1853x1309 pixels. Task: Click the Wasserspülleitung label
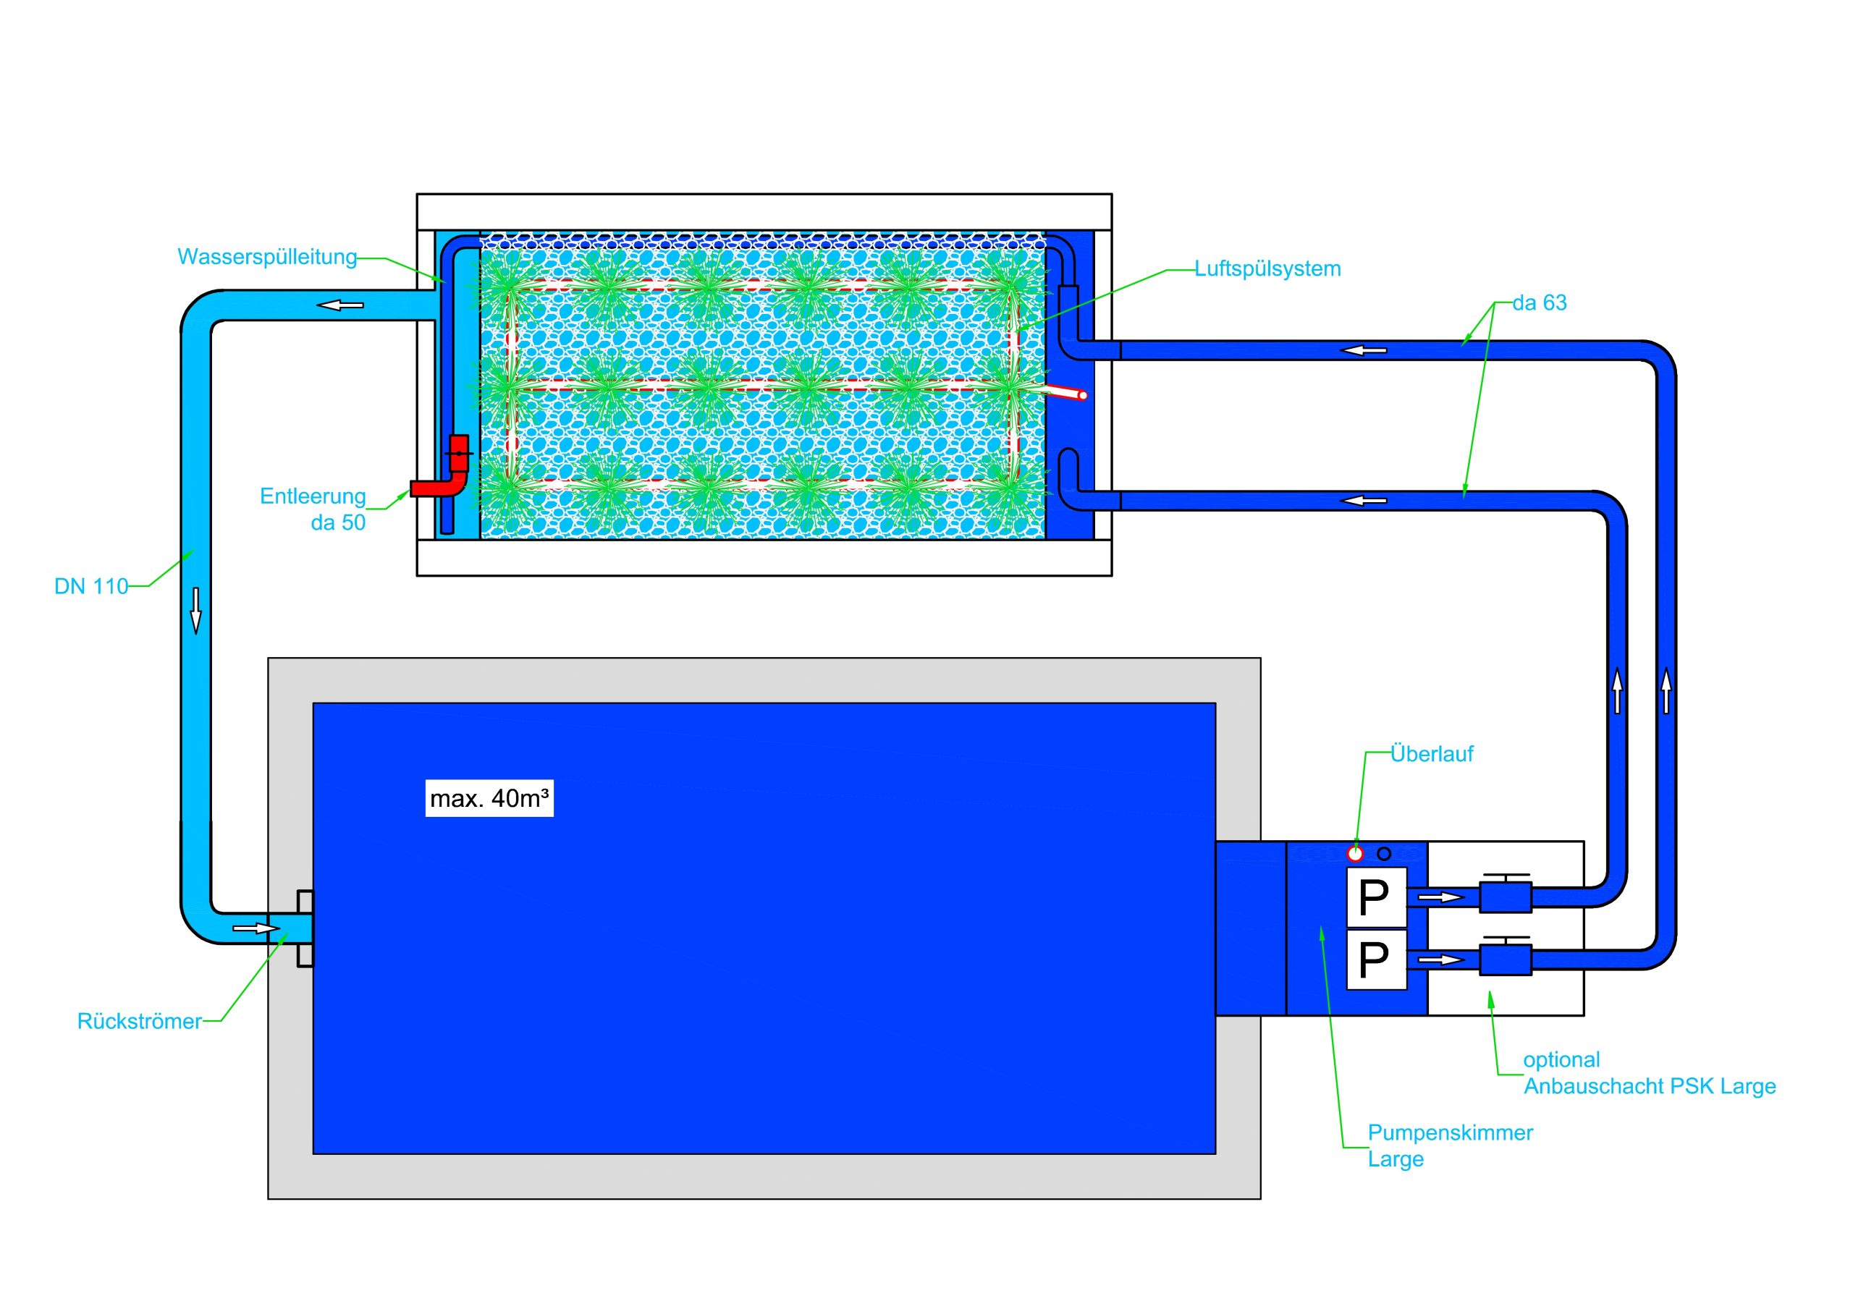click(x=267, y=257)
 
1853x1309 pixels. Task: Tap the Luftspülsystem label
click(x=1267, y=268)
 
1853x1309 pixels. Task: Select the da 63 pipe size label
click(x=1539, y=302)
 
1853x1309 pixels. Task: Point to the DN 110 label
click(x=91, y=587)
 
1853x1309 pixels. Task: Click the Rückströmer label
click(x=139, y=1021)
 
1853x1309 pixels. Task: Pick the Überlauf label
click(x=1432, y=754)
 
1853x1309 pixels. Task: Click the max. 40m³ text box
click(x=489, y=799)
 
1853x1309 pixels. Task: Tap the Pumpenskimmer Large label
click(x=1450, y=1145)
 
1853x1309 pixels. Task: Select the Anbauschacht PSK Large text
click(x=1649, y=1086)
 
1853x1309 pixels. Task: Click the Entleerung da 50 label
click(x=313, y=509)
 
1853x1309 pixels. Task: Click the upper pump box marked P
click(x=1376, y=897)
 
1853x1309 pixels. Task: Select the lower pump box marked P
click(x=1376, y=959)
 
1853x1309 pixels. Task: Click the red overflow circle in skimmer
click(x=1355, y=854)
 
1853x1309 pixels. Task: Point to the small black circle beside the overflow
click(x=1384, y=854)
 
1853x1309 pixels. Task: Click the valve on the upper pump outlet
click(x=1505, y=896)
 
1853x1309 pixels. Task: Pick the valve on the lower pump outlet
click(x=1505, y=959)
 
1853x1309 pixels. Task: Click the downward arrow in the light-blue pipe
click(x=195, y=610)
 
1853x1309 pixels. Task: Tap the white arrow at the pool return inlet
click(x=256, y=929)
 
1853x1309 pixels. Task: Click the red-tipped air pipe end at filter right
click(x=1082, y=395)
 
